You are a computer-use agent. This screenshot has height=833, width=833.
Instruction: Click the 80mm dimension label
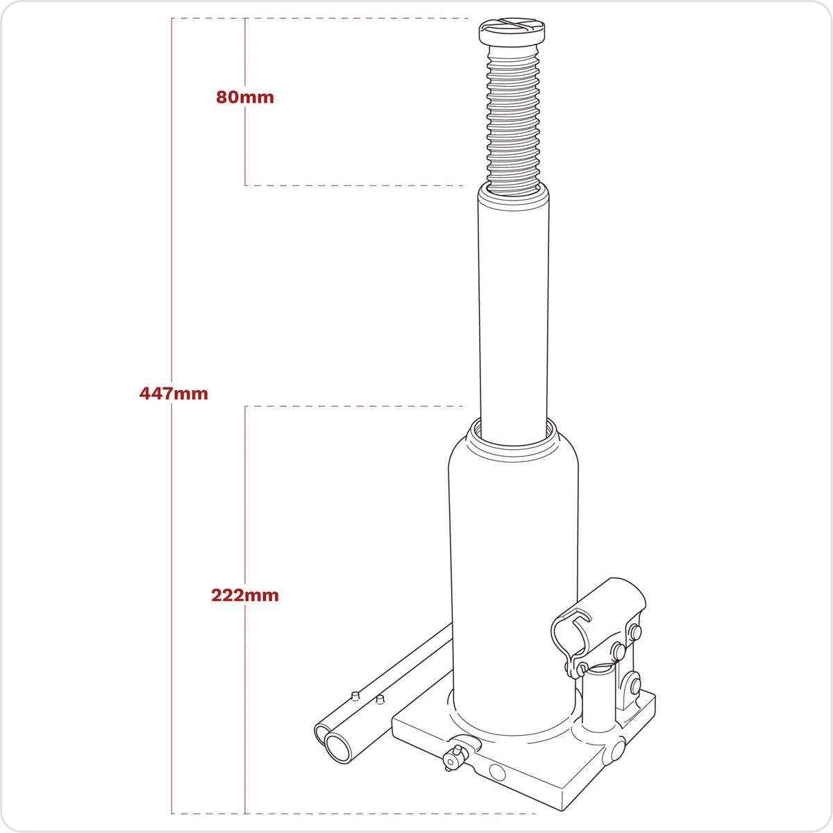click(245, 97)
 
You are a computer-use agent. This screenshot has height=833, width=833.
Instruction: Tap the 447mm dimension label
click(174, 394)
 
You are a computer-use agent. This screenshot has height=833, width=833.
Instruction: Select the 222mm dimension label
click(245, 595)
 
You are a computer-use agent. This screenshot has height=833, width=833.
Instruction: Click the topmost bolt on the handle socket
click(633, 632)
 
